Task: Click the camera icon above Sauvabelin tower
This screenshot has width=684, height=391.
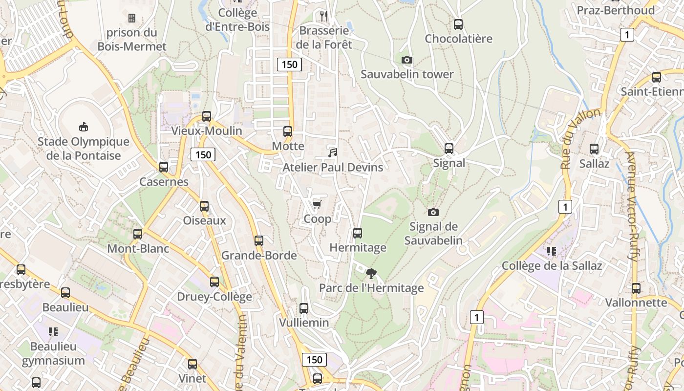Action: [406, 60]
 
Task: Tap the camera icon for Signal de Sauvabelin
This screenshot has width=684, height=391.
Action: [433, 212]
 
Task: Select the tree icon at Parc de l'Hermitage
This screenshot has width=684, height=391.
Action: [371, 274]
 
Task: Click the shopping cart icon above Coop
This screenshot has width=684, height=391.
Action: [317, 204]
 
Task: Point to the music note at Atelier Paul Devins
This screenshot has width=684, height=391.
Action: [333, 153]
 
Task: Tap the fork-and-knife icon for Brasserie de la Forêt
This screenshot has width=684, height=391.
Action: [323, 16]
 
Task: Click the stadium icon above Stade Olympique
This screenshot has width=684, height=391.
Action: [84, 127]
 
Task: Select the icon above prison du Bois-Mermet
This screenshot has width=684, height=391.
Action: [132, 19]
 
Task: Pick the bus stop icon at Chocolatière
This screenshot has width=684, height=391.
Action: [458, 24]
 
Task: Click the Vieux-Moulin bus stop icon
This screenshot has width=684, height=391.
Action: [207, 116]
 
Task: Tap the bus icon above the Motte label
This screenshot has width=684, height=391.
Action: [288, 131]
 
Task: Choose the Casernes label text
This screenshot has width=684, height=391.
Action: [164, 182]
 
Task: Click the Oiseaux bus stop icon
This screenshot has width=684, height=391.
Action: [204, 206]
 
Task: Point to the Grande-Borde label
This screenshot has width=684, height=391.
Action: [259, 256]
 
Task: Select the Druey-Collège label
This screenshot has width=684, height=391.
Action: [214, 297]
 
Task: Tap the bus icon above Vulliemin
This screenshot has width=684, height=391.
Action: [304, 308]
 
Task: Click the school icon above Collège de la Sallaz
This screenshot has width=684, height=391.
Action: [552, 251]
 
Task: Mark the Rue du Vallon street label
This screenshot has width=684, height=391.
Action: [580, 139]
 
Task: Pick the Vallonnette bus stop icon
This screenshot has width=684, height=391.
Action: [636, 288]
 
